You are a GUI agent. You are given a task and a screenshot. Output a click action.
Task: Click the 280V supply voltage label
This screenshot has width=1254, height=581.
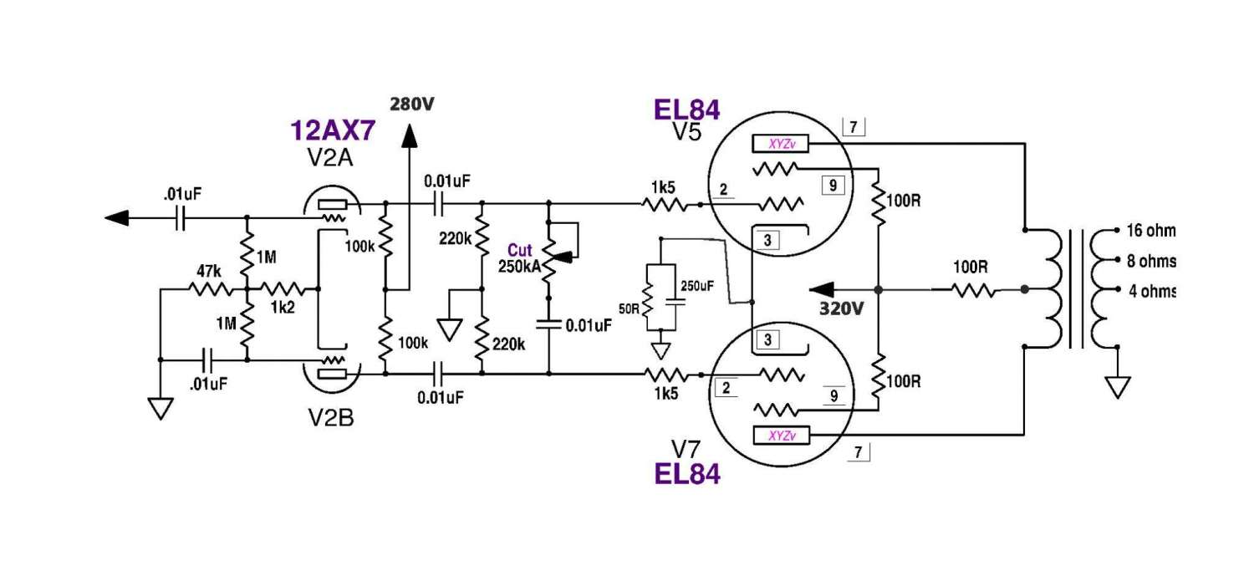[412, 104]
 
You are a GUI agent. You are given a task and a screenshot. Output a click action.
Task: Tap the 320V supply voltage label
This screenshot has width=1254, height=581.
[841, 308]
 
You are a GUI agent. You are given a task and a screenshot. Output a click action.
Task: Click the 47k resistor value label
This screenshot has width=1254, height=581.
[208, 272]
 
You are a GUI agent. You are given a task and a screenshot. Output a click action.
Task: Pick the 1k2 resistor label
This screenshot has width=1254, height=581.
[283, 308]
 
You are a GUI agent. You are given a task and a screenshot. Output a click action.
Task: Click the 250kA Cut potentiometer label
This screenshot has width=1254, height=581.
[517, 268]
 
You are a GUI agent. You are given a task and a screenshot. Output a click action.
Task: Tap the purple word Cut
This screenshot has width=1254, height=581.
[519, 251]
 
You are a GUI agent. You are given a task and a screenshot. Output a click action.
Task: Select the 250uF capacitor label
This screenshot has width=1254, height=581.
[697, 286]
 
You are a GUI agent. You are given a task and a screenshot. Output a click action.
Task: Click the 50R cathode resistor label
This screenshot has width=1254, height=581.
[630, 308]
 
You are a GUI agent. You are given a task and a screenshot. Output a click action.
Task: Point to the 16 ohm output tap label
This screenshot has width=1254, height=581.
[1151, 231]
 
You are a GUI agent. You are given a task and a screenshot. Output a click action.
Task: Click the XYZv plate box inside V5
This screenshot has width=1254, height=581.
[782, 145]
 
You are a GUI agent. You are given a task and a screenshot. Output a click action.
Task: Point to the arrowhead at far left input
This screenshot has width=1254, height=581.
[117, 218]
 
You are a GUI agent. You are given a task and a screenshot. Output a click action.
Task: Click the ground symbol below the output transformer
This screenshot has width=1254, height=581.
[1117, 386]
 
